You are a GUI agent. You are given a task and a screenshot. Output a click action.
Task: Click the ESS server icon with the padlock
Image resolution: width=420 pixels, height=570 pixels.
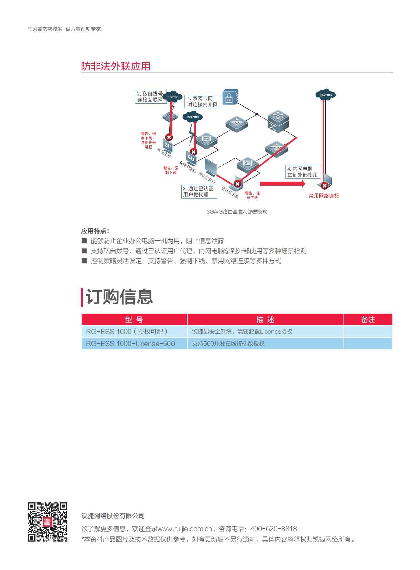230,97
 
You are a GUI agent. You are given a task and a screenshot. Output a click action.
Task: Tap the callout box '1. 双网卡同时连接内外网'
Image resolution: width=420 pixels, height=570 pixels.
203,101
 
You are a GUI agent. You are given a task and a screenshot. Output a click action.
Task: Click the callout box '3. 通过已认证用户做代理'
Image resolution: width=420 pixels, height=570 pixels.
199,191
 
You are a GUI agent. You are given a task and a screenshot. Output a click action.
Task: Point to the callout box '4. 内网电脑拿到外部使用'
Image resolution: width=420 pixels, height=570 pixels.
303,172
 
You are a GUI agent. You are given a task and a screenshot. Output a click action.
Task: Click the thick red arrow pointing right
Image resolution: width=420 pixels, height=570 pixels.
283,184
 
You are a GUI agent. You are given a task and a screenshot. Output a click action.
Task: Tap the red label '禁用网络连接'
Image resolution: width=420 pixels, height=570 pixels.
324,196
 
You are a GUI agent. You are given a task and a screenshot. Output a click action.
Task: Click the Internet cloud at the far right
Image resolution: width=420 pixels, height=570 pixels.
325,94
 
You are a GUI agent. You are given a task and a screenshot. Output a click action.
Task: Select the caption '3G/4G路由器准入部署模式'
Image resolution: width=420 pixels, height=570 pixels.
237,211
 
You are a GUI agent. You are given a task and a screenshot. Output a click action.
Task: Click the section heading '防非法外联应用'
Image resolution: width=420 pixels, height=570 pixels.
116,66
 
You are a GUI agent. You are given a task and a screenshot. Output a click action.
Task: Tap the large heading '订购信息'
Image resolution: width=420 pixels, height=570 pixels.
120,297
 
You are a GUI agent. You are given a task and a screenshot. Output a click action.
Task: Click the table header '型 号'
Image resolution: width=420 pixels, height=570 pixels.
134,319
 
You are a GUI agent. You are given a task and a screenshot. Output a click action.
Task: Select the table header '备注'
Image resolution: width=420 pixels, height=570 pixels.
368,319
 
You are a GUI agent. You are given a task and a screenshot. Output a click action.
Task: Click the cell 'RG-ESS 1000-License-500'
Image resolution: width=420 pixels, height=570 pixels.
130,344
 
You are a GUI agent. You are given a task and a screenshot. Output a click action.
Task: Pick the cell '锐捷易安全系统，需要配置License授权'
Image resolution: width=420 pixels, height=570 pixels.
242,332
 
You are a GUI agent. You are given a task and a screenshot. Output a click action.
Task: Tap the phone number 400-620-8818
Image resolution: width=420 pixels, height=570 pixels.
274,529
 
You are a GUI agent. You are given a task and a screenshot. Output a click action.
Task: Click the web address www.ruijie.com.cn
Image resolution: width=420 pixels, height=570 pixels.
185,529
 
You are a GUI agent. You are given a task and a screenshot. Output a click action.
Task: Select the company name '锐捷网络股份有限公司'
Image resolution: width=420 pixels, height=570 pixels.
113,516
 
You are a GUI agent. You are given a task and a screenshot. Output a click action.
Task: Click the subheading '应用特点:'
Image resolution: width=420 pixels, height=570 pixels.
95,231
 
